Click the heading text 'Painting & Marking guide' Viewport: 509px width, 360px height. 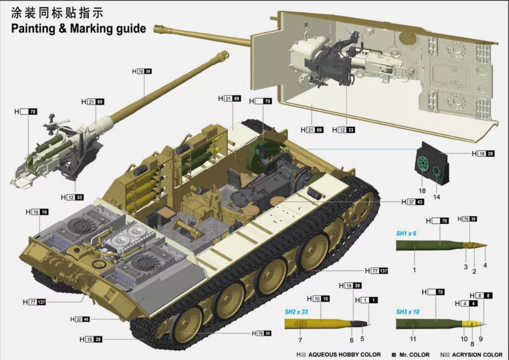click(78, 29)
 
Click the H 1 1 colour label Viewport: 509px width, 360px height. click(366, 300)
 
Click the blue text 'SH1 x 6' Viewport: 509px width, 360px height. click(406, 233)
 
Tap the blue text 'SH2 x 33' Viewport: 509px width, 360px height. click(296, 312)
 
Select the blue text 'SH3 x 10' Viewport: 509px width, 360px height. click(408, 312)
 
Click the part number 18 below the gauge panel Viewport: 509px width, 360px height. click(422, 191)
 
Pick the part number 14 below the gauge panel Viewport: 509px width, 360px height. click(437, 197)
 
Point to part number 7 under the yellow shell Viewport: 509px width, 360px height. click(300, 340)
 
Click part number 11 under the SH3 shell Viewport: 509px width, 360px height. click(413, 339)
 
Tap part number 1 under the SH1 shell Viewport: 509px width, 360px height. click(414, 269)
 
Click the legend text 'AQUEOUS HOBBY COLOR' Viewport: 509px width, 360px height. click(344, 355)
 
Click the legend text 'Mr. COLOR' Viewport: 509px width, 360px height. click(414, 355)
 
